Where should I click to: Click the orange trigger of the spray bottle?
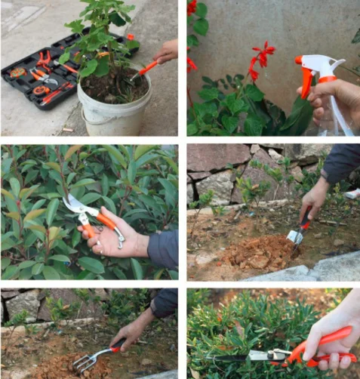tap(306, 83)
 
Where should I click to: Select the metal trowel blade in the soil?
tap(295, 236)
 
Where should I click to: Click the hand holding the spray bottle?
tap(336, 98)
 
